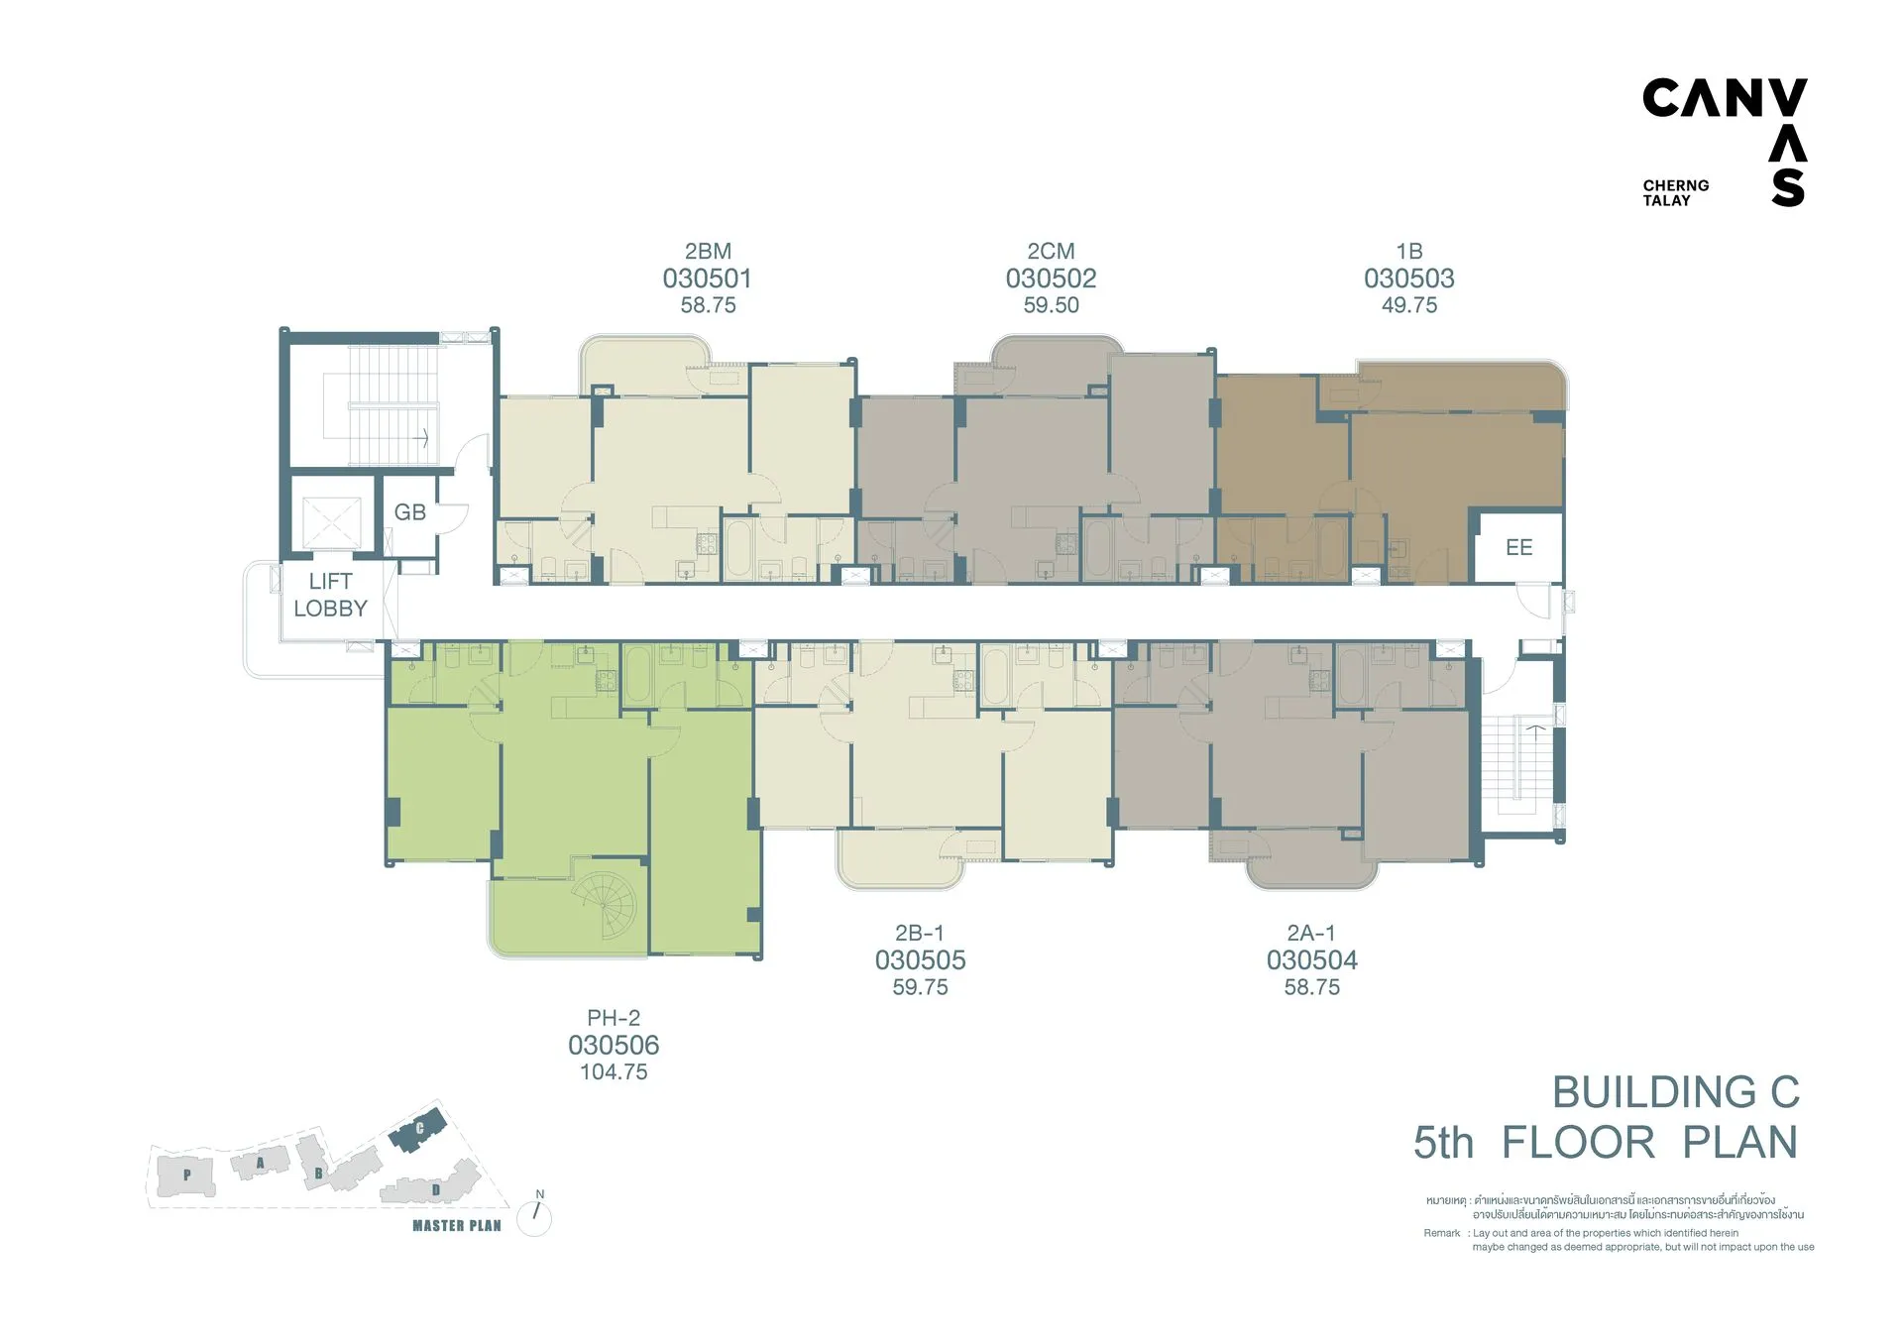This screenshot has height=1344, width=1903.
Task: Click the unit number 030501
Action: coord(707,279)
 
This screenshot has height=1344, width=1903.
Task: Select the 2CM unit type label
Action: coord(1051,252)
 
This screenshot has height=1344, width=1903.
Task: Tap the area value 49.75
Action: coord(1409,305)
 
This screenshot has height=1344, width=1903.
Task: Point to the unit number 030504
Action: coord(1312,959)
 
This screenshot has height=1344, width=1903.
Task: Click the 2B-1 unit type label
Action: coord(920,933)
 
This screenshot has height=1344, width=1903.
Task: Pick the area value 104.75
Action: coord(614,1071)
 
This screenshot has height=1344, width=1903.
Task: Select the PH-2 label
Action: coord(614,1018)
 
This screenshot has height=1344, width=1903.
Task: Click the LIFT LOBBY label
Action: coord(330,595)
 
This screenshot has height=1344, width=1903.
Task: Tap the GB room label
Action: coord(410,512)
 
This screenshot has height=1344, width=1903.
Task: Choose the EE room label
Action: coord(1518,547)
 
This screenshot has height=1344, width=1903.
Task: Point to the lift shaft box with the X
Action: coord(331,522)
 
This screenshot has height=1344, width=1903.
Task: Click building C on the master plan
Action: coord(417,1130)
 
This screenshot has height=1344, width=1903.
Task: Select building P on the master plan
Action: coord(186,1176)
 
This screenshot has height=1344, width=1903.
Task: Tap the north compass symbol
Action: coord(535,1213)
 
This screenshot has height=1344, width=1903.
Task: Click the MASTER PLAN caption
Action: coord(457,1226)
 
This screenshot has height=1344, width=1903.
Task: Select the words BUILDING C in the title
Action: coord(1676,1092)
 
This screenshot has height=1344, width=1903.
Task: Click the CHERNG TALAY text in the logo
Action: coord(1676,192)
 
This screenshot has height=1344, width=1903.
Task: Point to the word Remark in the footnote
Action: coord(1442,1233)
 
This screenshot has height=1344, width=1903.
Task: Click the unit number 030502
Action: coord(1051,279)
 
